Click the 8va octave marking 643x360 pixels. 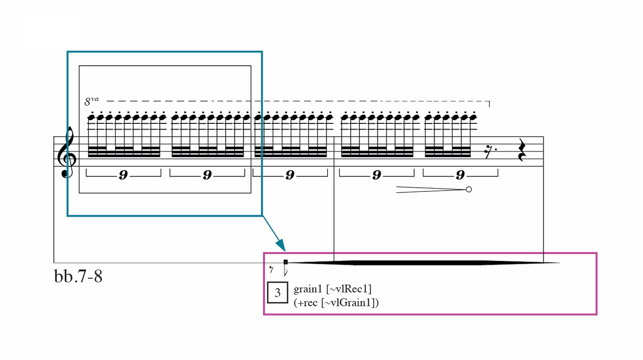click(x=91, y=101)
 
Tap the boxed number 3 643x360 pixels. click(x=277, y=293)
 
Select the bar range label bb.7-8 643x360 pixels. click(x=78, y=276)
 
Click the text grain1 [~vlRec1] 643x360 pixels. click(x=332, y=289)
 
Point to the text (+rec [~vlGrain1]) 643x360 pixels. click(x=336, y=302)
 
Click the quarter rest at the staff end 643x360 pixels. click(x=522, y=151)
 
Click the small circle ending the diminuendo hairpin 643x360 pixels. click(x=469, y=190)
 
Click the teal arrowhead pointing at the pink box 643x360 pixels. click(x=281, y=245)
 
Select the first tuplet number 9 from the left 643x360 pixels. click(x=123, y=176)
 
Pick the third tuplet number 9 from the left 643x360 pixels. click(x=290, y=176)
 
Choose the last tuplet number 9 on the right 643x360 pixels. click(x=460, y=176)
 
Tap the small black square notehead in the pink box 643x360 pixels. click(x=286, y=262)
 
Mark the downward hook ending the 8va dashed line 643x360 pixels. click(x=489, y=104)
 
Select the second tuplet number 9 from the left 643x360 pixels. click(x=207, y=176)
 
